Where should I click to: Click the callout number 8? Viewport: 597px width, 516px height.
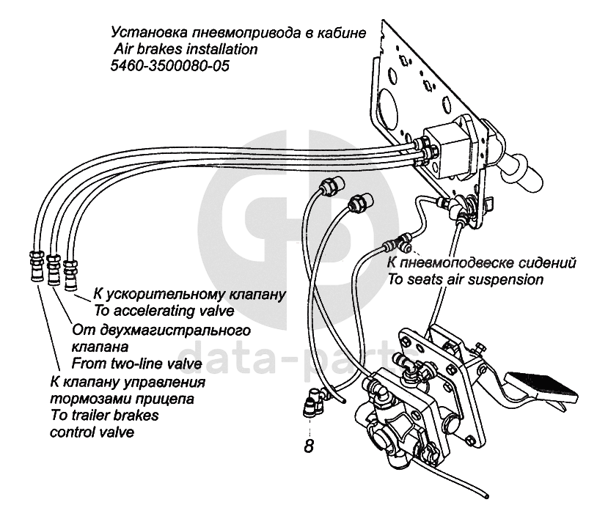(x=310, y=446)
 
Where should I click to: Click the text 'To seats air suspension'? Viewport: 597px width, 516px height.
(x=465, y=279)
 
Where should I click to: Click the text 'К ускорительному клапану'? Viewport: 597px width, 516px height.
(x=188, y=295)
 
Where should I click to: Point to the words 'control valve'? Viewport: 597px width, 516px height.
(x=92, y=432)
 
